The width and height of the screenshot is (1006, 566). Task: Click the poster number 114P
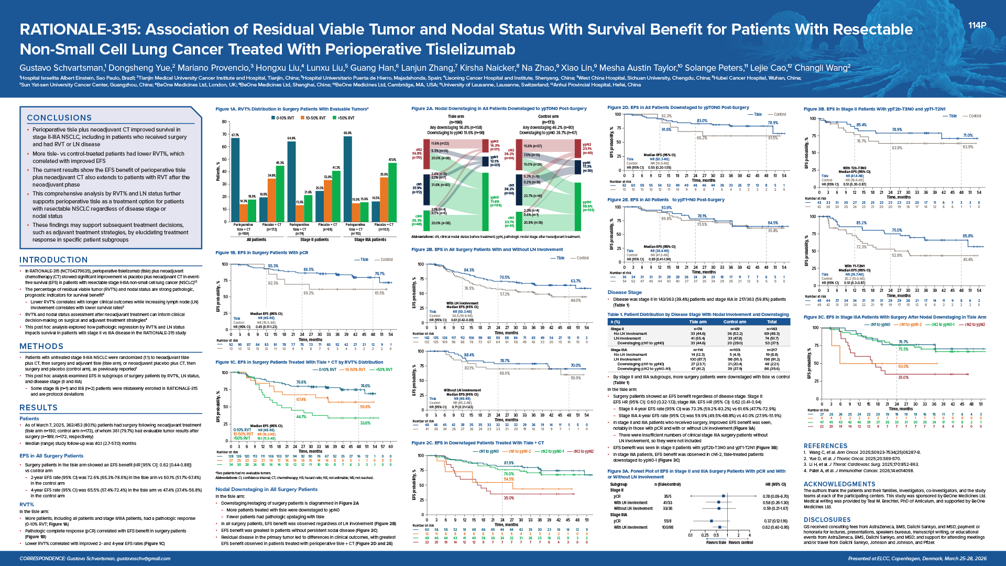977,25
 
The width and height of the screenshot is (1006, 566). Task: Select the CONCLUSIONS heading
59,118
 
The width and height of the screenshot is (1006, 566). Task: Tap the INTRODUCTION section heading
53,260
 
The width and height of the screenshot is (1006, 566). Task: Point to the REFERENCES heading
825,446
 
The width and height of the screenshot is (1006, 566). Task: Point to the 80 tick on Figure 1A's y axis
225,122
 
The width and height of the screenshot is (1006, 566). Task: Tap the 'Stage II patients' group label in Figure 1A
314,240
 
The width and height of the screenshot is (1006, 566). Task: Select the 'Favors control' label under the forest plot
741,542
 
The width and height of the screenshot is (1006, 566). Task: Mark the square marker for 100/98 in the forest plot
720,527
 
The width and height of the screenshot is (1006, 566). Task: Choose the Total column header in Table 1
771,322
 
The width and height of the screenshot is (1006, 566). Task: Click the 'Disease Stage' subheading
625,292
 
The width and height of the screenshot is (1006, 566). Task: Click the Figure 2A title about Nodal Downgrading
499,108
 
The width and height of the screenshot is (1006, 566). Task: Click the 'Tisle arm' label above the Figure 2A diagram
456,116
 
